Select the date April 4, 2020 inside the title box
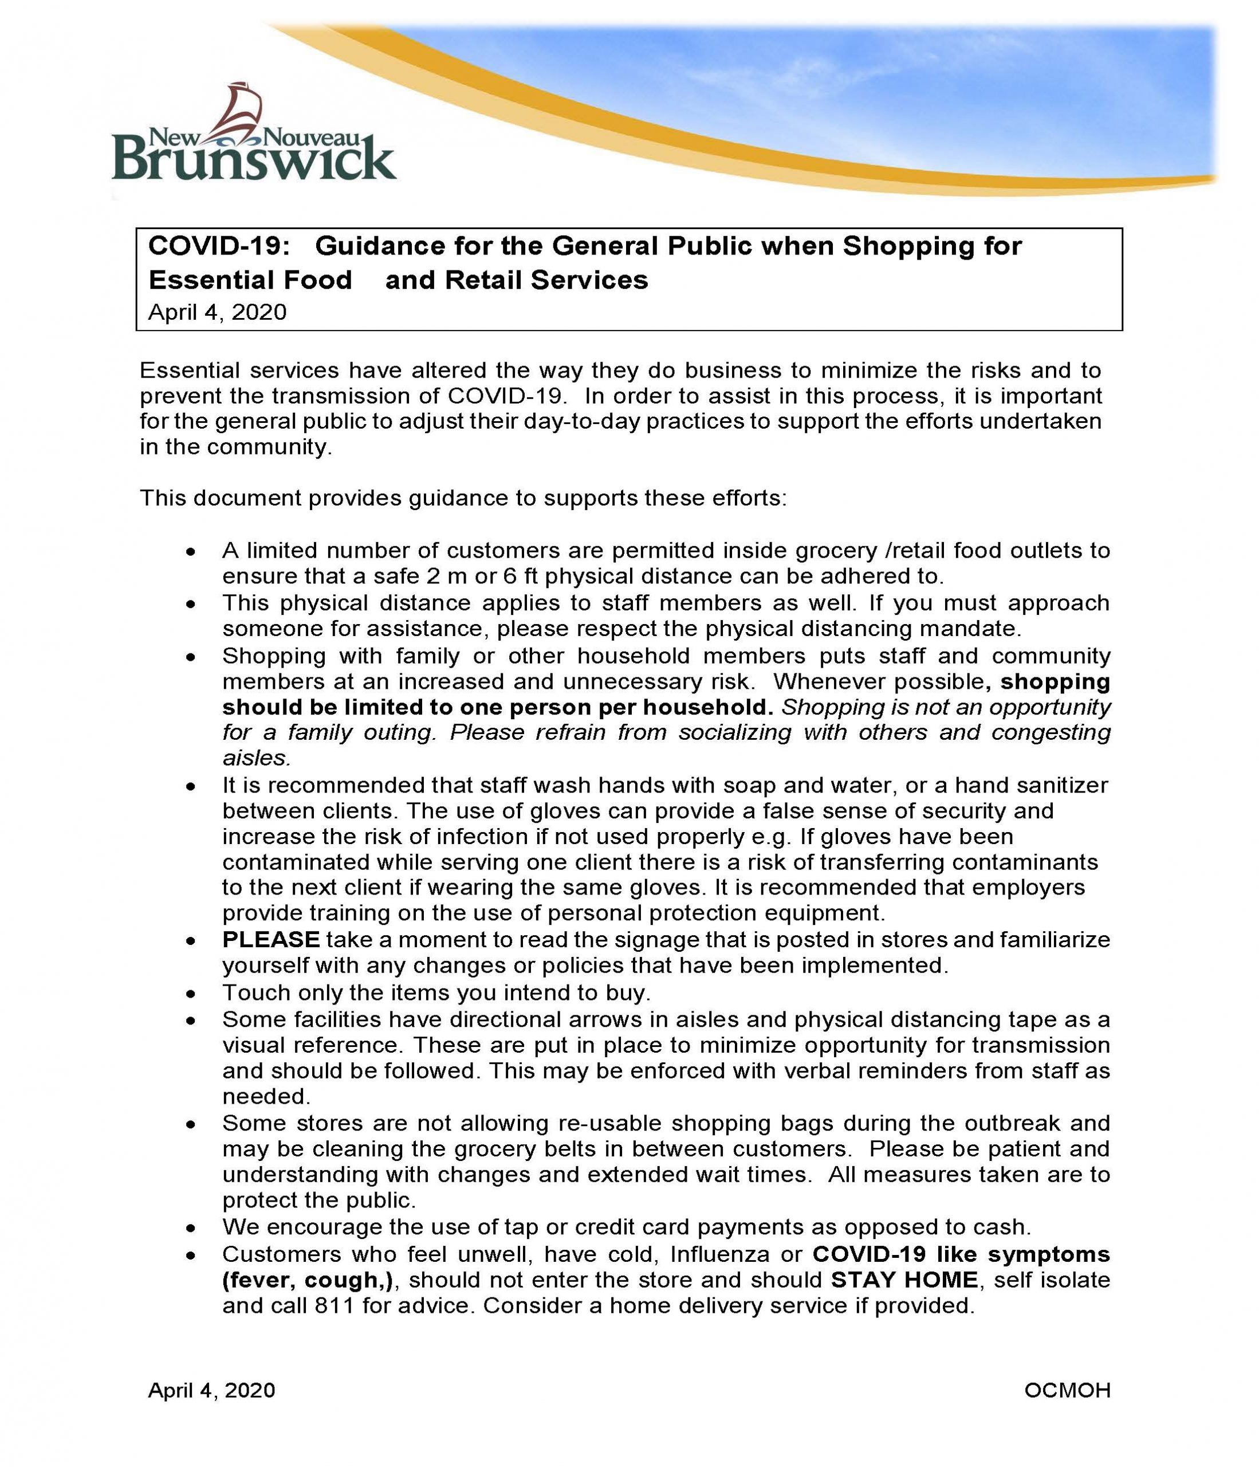point(217,312)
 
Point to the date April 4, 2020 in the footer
point(211,1391)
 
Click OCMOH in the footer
point(1067,1391)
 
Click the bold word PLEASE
point(271,940)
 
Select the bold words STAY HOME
point(904,1280)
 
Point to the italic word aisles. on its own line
point(256,758)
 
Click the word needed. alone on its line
point(266,1097)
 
